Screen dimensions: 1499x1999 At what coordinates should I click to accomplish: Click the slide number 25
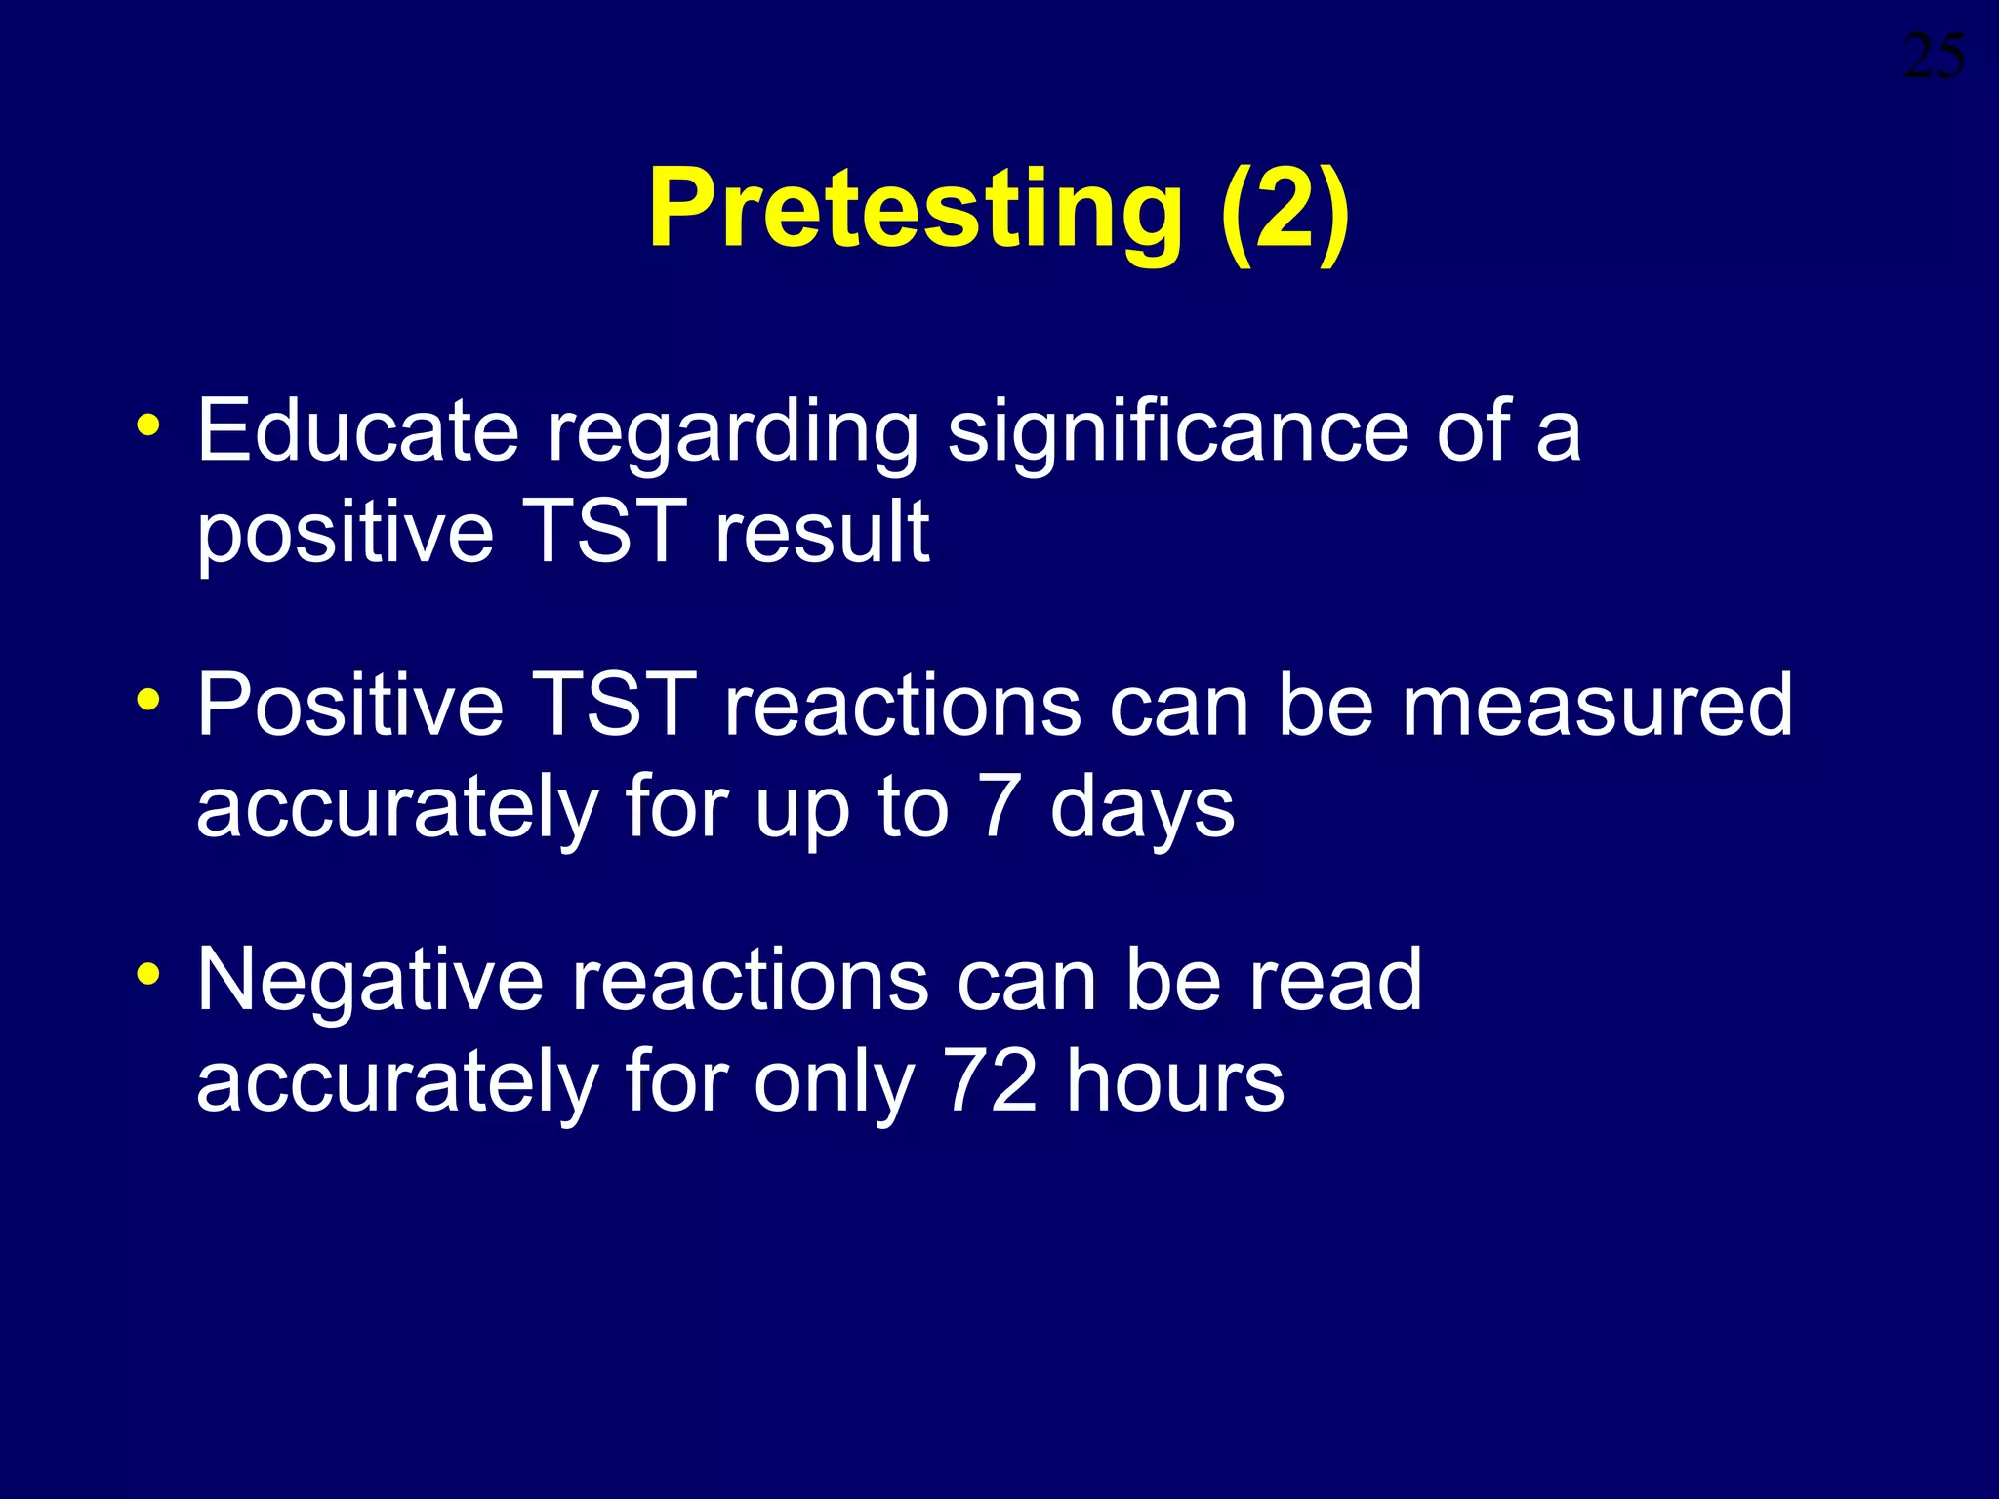1934,57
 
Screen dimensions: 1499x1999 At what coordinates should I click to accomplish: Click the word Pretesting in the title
915,210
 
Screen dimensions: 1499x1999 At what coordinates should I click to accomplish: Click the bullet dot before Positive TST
148,700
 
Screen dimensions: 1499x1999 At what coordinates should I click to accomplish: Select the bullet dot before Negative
148,974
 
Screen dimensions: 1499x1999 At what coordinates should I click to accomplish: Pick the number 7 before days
999,807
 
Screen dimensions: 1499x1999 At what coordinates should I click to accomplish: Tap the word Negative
370,981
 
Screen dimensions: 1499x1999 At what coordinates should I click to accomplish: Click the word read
1335,981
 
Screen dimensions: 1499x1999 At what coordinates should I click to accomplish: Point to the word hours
1175,1081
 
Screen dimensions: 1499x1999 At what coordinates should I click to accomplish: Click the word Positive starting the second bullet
350,705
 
